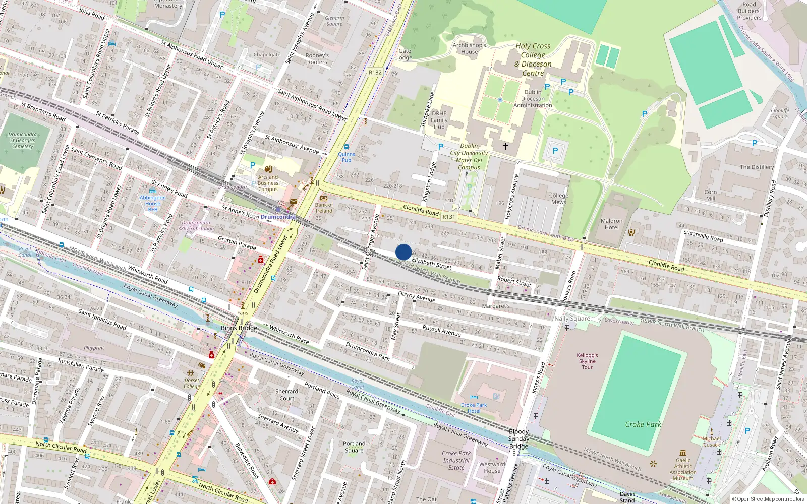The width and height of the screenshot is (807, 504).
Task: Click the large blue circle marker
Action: (403, 252)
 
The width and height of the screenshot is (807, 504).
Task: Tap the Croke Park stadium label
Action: (643, 424)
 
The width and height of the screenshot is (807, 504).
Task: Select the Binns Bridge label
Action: (239, 328)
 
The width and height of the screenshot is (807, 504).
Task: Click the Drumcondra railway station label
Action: (278, 217)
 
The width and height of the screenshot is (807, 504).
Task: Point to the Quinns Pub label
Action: (347, 157)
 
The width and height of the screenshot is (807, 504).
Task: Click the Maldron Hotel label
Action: (611, 224)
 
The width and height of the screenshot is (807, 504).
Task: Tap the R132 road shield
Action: (375, 72)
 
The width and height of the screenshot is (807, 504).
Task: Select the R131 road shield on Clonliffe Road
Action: (448, 217)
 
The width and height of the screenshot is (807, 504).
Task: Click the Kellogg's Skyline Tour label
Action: (587, 361)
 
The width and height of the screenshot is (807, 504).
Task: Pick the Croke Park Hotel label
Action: (474, 408)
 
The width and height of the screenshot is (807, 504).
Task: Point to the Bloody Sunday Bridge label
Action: (518, 438)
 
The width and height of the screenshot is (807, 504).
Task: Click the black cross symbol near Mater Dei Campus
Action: (505, 146)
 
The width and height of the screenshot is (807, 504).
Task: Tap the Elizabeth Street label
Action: (431, 263)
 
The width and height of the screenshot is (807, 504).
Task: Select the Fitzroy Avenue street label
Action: (416, 296)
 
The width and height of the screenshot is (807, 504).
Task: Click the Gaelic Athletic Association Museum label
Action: (683, 469)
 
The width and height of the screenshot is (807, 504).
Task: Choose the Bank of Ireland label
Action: (324, 208)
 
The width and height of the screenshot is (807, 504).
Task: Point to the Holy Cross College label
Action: (533, 59)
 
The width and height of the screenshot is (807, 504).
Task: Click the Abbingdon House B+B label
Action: (152, 203)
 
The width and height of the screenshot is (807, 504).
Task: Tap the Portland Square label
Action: (354, 447)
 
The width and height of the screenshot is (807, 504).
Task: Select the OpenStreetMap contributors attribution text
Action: (768, 499)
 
